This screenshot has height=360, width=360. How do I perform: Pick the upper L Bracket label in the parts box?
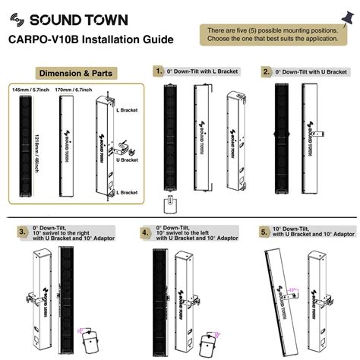[128, 111]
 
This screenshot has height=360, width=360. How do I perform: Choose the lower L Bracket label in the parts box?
[128, 192]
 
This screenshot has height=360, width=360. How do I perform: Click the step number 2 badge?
[267, 71]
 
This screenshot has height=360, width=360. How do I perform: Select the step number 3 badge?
[23, 232]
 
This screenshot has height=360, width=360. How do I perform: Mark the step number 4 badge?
[145, 232]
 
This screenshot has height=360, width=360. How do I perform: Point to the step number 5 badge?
[264, 232]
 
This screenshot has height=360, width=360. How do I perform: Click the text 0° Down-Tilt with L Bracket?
[204, 71]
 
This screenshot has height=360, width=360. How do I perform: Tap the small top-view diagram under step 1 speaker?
[171, 205]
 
